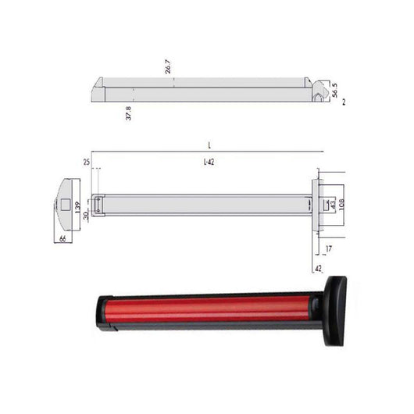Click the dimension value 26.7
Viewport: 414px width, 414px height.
pyautogui.click(x=167, y=70)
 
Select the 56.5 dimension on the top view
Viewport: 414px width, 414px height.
pyautogui.click(x=335, y=89)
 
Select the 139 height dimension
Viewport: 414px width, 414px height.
pyautogui.click(x=76, y=209)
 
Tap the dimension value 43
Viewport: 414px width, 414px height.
pyautogui.click(x=332, y=205)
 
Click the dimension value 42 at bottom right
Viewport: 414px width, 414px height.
pyautogui.click(x=318, y=268)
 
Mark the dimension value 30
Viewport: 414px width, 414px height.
pyautogui.click(x=85, y=216)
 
